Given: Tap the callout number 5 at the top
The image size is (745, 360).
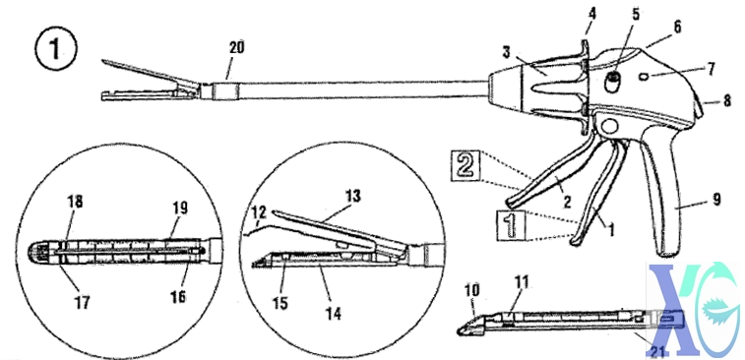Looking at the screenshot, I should (608, 14).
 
